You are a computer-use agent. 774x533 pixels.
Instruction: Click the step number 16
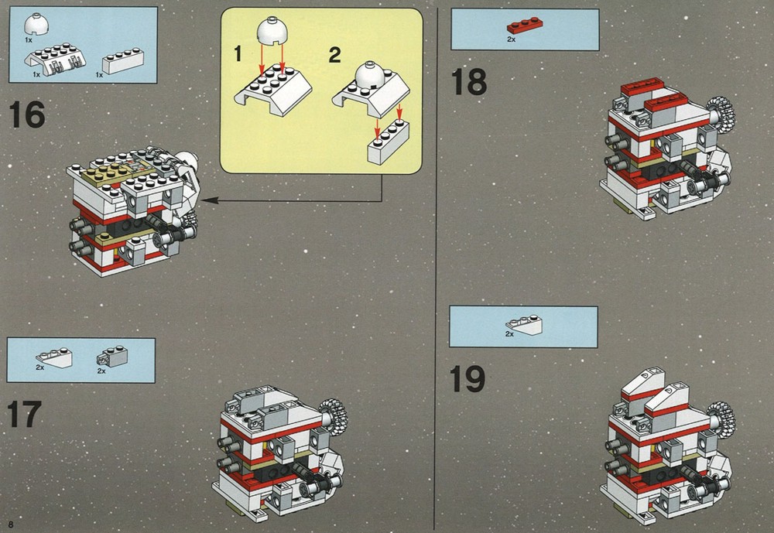click(x=27, y=114)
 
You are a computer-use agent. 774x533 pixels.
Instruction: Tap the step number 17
click(x=24, y=415)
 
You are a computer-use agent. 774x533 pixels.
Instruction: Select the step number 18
click(x=468, y=82)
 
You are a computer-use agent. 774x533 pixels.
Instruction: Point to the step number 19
click(x=467, y=379)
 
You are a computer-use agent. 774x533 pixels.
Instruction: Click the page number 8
click(x=11, y=524)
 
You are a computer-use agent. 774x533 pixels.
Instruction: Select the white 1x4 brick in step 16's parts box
click(x=123, y=60)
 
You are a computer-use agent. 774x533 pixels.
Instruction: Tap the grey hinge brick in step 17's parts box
click(x=112, y=357)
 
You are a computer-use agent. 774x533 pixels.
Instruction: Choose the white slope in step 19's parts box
click(x=524, y=324)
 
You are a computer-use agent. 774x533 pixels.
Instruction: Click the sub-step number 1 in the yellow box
click(x=238, y=54)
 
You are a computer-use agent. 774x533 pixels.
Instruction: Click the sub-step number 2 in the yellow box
click(x=334, y=55)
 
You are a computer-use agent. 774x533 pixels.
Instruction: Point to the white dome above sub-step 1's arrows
click(x=271, y=30)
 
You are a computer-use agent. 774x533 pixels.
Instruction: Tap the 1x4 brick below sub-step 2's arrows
click(x=388, y=141)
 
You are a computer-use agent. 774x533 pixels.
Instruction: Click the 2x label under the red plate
click(x=511, y=39)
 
